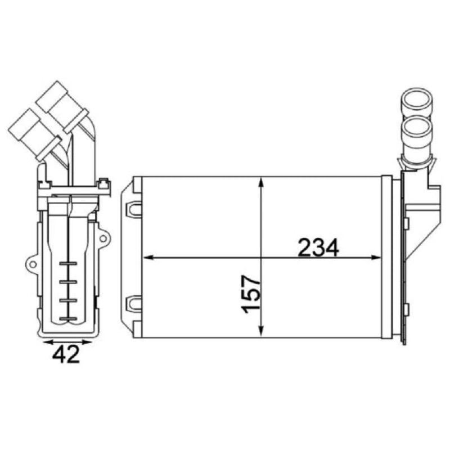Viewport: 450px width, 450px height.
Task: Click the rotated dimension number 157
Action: tap(251, 294)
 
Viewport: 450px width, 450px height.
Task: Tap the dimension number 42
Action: tap(65, 354)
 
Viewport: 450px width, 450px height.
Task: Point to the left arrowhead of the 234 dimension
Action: tap(147, 258)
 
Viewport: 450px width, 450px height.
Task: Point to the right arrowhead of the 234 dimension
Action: tap(376, 258)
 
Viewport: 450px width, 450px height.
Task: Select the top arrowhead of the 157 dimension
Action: tap(260, 183)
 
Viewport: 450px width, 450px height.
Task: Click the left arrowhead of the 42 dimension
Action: tap(48, 342)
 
